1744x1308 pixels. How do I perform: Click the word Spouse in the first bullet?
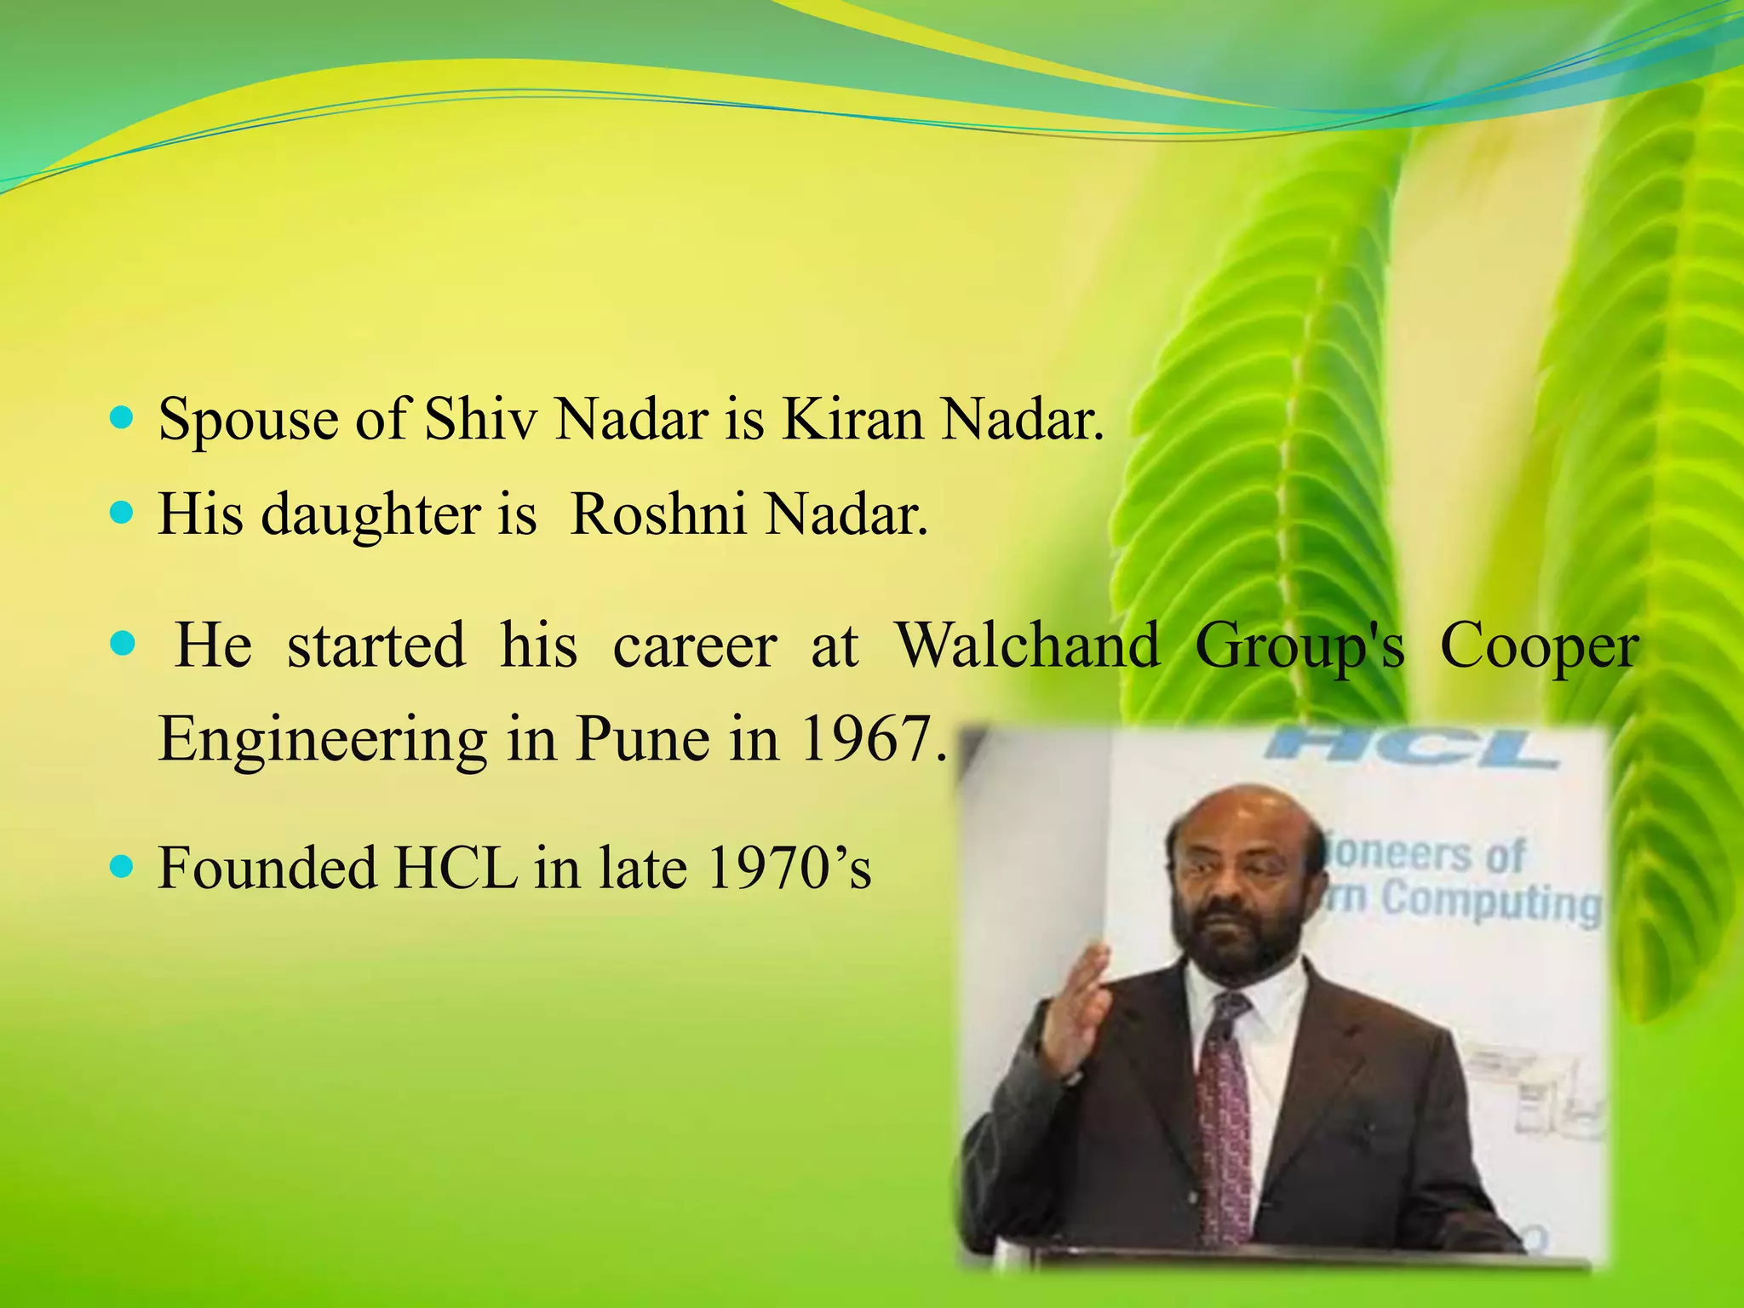[248, 422]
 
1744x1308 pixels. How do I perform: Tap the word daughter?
[371, 516]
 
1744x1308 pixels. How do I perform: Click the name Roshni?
[658, 514]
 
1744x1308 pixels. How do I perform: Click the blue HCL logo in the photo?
[1412, 747]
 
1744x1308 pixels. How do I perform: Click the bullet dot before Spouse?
[123, 418]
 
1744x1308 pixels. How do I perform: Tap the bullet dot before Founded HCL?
[123, 867]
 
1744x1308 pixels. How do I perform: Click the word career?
[694, 645]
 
